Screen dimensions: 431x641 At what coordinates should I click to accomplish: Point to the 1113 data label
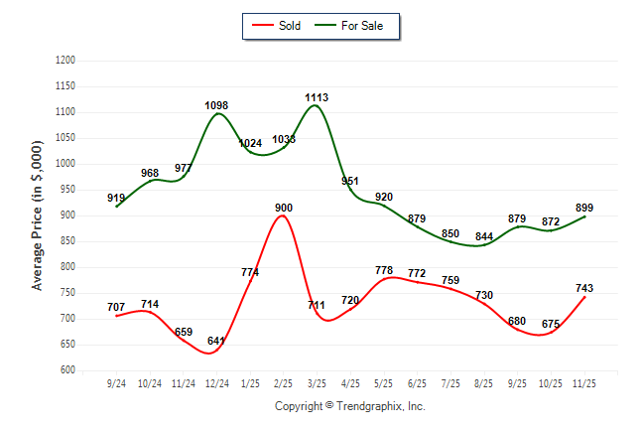pyautogui.click(x=317, y=97)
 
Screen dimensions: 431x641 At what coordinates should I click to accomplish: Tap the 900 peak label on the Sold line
pyautogui.click(x=283, y=208)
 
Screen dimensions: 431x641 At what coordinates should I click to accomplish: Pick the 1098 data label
pyautogui.click(x=217, y=105)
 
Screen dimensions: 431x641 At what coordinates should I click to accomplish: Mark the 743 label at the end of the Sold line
pyautogui.click(x=583, y=289)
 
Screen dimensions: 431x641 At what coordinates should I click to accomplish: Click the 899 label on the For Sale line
pyautogui.click(x=583, y=208)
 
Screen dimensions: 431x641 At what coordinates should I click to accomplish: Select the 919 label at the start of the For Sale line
pyautogui.click(x=116, y=199)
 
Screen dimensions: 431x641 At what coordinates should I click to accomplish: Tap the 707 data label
pyautogui.click(x=116, y=307)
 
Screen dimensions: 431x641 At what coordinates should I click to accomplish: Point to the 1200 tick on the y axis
pyautogui.click(x=65, y=61)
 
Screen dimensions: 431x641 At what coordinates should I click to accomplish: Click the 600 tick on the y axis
pyautogui.click(x=68, y=370)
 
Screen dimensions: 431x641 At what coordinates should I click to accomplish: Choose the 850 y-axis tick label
pyautogui.click(x=68, y=241)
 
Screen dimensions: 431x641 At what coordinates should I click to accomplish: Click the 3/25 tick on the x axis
pyautogui.click(x=317, y=383)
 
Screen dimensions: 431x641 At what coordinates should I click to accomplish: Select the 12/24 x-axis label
pyautogui.click(x=216, y=383)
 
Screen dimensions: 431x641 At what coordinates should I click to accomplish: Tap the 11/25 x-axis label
pyautogui.click(x=583, y=383)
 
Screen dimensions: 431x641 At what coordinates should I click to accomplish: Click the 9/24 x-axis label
pyautogui.click(x=116, y=383)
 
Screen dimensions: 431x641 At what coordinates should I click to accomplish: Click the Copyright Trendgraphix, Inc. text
pyautogui.click(x=349, y=406)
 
